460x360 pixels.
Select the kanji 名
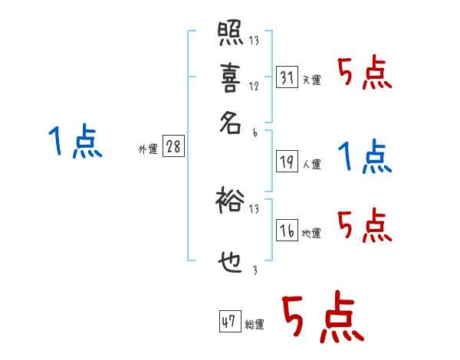click(230, 124)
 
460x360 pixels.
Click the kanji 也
click(230, 261)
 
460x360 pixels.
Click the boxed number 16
click(287, 230)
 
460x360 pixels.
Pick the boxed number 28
click(173, 146)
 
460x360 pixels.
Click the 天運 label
click(312, 80)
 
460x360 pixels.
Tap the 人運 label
click(312, 164)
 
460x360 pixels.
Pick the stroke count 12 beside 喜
click(254, 87)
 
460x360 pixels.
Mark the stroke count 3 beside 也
click(254, 269)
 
